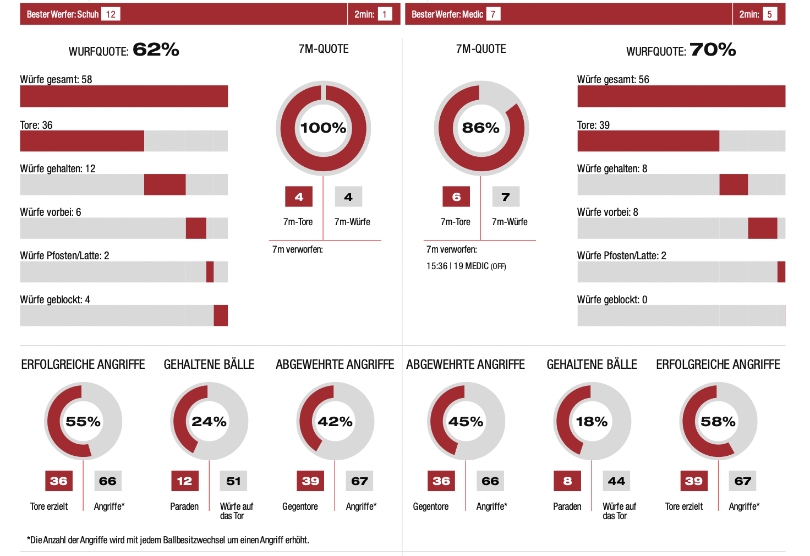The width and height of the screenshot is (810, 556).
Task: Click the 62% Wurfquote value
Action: click(156, 50)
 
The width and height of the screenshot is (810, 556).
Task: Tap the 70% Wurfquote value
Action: click(713, 50)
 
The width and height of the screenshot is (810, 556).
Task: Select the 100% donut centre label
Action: click(323, 128)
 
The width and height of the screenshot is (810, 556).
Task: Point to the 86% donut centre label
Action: click(480, 128)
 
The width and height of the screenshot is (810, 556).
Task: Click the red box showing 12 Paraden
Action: click(184, 481)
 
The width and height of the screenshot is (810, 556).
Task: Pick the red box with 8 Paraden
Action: click(567, 481)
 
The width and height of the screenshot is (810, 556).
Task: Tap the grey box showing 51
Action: click(233, 481)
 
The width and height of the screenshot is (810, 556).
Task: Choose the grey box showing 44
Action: click(616, 481)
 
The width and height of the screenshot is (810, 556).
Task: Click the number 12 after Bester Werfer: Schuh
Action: click(111, 14)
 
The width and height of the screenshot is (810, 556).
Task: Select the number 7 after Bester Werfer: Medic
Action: click(493, 14)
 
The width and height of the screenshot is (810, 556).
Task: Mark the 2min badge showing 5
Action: click(769, 14)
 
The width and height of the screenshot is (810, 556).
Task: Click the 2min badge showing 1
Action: click(385, 14)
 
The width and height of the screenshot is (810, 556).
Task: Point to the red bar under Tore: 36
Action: click(82, 141)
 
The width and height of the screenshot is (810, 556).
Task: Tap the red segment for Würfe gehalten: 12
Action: click(165, 184)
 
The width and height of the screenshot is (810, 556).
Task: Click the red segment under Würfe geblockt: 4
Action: click(221, 315)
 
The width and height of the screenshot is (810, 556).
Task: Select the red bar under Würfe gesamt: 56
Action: click(681, 96)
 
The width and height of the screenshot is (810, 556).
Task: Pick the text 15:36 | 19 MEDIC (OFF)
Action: click(466, 266)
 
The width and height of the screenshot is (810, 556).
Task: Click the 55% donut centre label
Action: click(83, 422)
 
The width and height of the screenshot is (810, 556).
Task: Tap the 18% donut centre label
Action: click(592, 422)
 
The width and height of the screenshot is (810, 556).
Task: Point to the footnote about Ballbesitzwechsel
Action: click(168, 540)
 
